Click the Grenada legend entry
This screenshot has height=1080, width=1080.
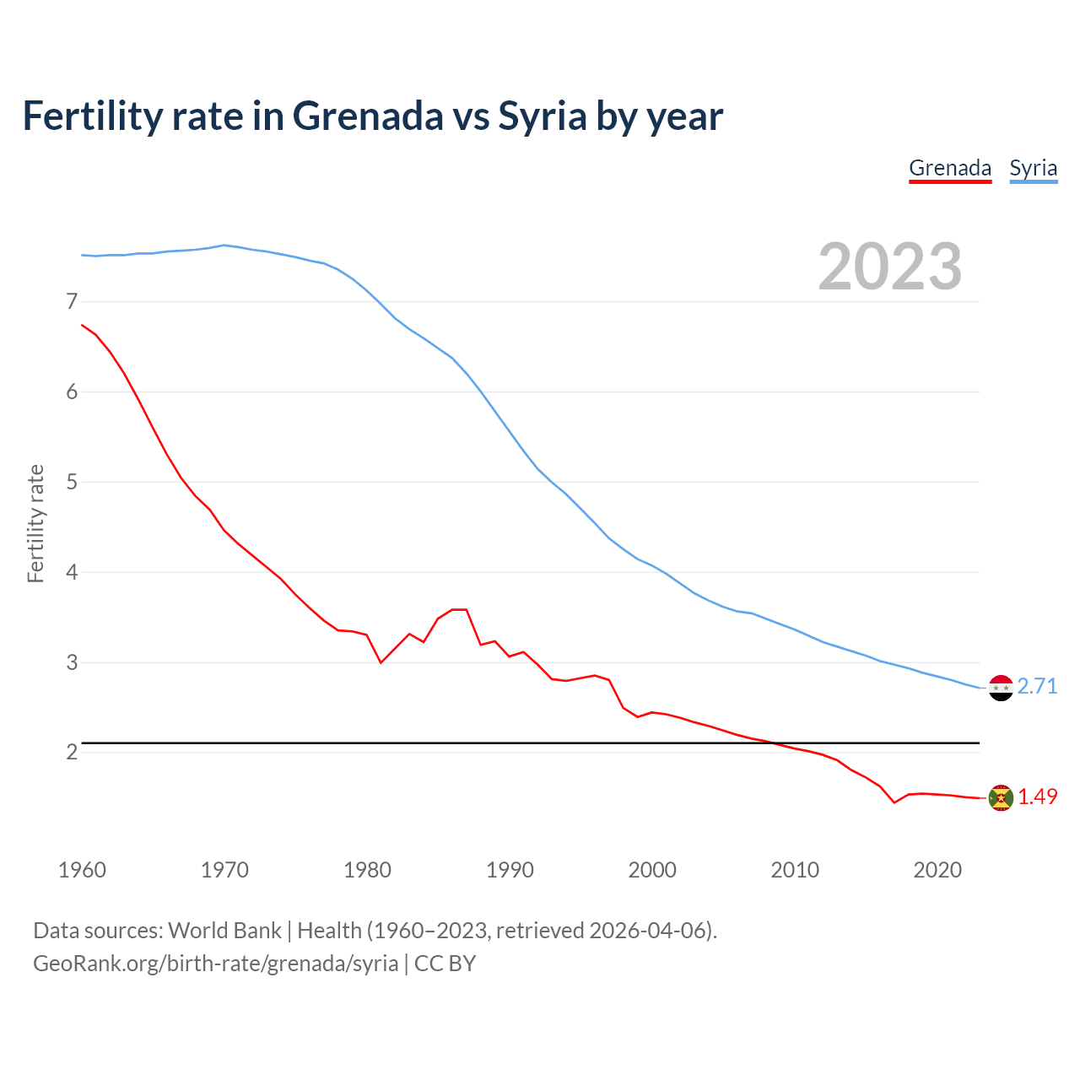pyautogui.click(x=950, y=168)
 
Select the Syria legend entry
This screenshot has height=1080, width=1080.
pyautogui.click(x=1033, y=168)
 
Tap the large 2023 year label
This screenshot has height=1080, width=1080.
pyautogui.click(x=889, y=267)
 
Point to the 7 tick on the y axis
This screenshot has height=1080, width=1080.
pyautogui.click(x=72, y=301)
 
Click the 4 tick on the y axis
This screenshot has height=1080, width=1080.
pyautogui.click(x=72, y=572)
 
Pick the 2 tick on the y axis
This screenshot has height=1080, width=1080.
pyautogui.click(x=72, y=752)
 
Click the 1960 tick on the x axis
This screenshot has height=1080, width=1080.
pyautogui.click(x=82, y=870)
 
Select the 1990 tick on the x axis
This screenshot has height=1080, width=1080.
pyautogui.click(x=510, y=870)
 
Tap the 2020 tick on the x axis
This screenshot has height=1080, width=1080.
pyautogui.click(x=937, y=870)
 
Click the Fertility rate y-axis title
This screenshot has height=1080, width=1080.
pyautogui.click(x=35, y=523)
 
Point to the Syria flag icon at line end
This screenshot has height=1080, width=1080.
pyautogui.click(x=1001, y=688)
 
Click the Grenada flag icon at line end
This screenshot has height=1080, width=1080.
pyautogui.click(x=1001, y=797)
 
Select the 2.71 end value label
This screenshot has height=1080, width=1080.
pyautogui.click(x=1037, y=686)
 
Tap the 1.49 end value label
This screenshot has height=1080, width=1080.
pyautogui.click(x=1037, y=796)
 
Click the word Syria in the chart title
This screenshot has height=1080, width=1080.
pyautogui.click(x=542, y=116)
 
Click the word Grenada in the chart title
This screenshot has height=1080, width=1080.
pyautogui.click(x=367, y=116)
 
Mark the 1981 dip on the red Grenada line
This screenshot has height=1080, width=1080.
pyautogui.click(x=381, y=662)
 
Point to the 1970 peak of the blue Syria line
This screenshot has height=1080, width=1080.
pyautogui.click(x=224, y=246)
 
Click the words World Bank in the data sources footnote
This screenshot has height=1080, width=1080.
pyautogui.click(x=224, y=931)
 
